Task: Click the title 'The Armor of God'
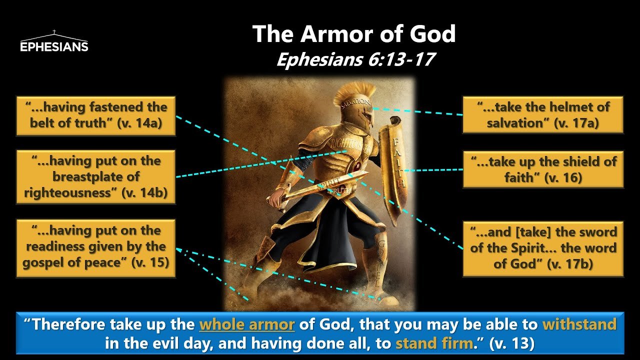click(x=353, y=34)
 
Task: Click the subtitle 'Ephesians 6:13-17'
click(x=354, y=60)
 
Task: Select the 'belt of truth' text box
click(x=95, y=115)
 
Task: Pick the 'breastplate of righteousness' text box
click(x=95, y=176)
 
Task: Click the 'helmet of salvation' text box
click(x=542, y=115)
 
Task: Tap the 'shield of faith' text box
click(x=543, y=169)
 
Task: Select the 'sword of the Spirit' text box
click(x=543, y=248)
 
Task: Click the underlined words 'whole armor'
click(x=247, y=325)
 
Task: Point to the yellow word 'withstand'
click(x=579, y=325)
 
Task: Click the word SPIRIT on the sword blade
click(x=325, y=185)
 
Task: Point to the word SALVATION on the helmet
click(x=355, y=104)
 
